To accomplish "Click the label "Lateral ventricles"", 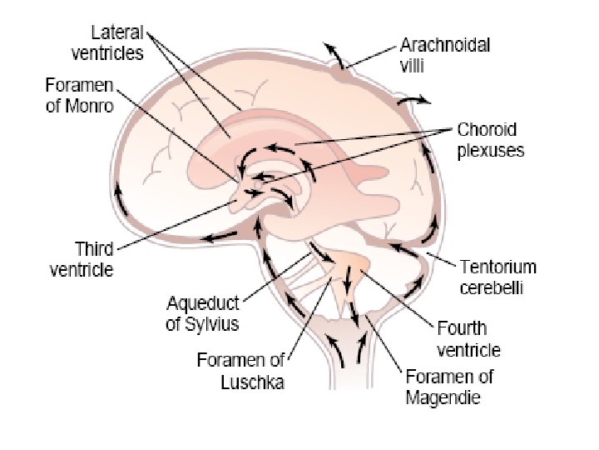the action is tap(107, 42).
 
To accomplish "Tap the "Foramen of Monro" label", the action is tap(80, 95).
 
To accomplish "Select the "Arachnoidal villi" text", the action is tap(444, 55).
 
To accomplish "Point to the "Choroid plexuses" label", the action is tap(491, 140).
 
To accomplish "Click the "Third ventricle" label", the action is tap(82, 259).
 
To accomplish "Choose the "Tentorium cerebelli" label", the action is tap(498, 277).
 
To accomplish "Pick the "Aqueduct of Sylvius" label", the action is tap(202, 314).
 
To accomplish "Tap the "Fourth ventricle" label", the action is tap(468, 339).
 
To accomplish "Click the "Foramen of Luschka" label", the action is tap(240, 371).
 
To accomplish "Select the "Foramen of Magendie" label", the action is tap(449, 387).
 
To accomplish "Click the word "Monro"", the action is tap(89, 105).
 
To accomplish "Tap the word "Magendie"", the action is tap(443, 397).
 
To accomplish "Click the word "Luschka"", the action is tap(253, 381).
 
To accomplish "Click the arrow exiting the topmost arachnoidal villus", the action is tap(333, 55).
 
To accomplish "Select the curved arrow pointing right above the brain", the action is tap(413, 99).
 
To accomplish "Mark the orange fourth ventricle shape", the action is tap(352, 264).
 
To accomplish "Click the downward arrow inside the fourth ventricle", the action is tap(347, 279).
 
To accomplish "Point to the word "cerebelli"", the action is tap(492, 287).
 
